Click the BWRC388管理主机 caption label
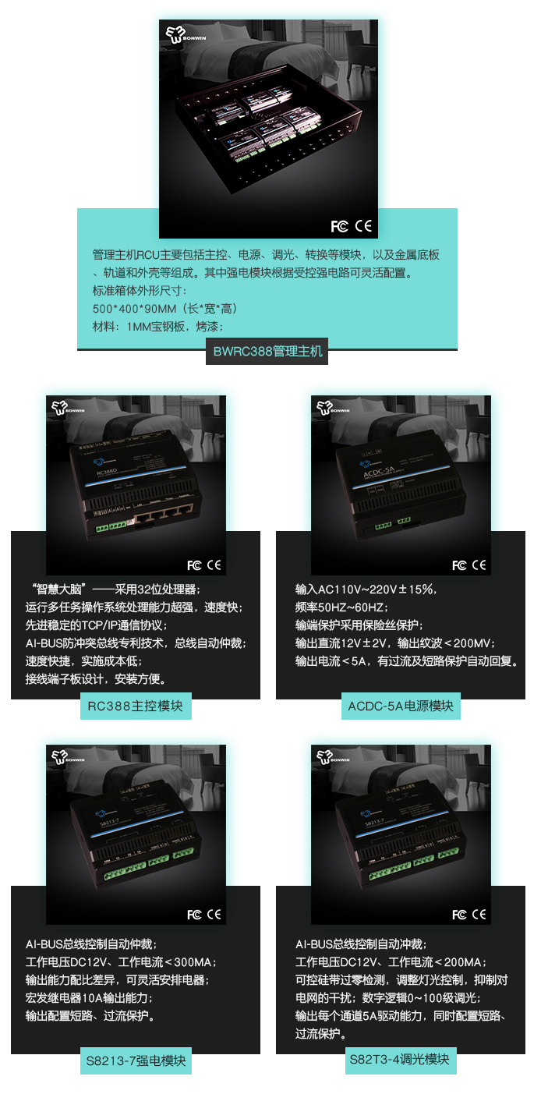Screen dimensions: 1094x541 point(267,352)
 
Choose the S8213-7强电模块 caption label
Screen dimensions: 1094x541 point(136,1061)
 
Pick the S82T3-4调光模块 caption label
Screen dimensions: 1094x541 point(401,1059)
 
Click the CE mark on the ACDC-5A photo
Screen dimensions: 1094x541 point(479,565)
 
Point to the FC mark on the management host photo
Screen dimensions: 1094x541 point(339,226)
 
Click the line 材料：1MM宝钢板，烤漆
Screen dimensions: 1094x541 point(158,327)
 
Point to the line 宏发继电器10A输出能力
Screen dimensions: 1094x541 point(88,997)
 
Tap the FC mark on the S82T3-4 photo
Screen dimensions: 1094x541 point(459,914)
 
